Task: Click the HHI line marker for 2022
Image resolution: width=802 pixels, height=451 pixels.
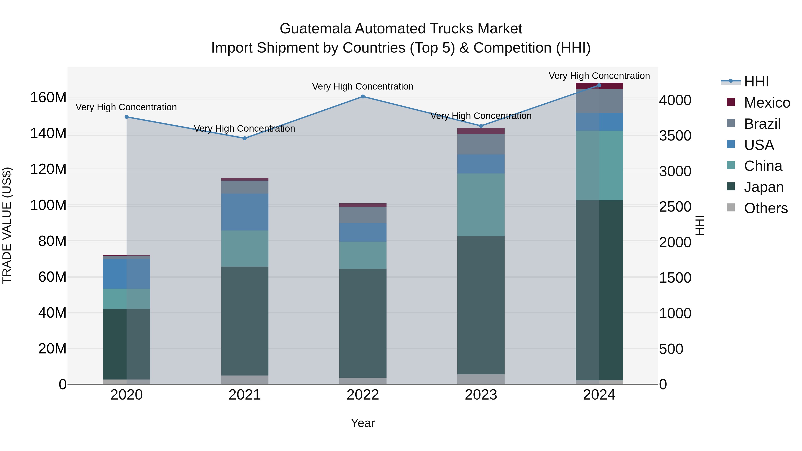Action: tap(363, 96)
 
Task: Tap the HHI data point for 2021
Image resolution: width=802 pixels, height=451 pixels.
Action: tap(245, 138)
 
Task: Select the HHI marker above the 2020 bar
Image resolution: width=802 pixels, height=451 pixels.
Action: tap(126, 117)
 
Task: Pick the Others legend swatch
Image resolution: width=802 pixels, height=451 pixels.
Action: tap(730, 208)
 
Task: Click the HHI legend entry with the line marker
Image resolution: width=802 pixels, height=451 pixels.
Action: tap(730, 81)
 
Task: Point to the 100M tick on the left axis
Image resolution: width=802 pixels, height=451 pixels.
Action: tap(48, 205)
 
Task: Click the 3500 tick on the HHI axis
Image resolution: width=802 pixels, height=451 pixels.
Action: tap(675, 136)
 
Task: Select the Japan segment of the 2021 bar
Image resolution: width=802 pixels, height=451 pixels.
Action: tap(245, 320)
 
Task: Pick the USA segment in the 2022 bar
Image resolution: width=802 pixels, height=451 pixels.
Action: tap(363, 232)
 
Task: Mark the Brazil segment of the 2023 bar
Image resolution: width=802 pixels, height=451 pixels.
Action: tap(481, 144)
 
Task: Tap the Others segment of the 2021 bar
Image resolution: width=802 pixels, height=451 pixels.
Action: tap(245, 380)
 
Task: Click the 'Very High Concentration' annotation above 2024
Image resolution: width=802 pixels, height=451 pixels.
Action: tap(599, 76)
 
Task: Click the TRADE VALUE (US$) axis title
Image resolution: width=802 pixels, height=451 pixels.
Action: tap(7, 225)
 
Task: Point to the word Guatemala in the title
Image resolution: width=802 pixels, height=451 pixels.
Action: tap(315, 29)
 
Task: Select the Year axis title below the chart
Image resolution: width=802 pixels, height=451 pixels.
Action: tap(363, 423)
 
